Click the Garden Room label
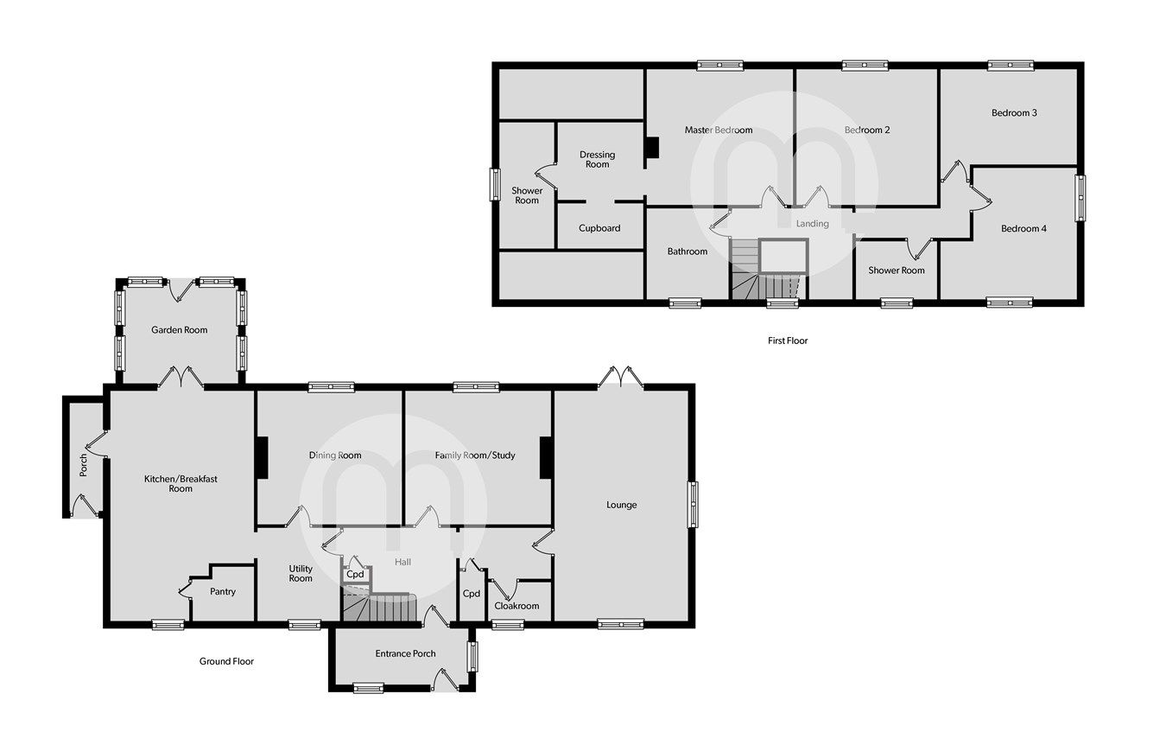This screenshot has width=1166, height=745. coord(180,329)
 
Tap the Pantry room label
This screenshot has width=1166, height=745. coord(223,592)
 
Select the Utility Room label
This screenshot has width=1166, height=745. coord(301,573)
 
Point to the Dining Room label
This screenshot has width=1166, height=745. coord(335,455)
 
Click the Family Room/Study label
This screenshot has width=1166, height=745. coord(475,455)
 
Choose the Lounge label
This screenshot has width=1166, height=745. coord(621,505)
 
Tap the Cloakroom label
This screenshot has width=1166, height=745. coord(516,606)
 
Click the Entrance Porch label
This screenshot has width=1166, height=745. coord(405,653)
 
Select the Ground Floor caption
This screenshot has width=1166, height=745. coord(226,661)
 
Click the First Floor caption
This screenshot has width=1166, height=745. coord(788,341)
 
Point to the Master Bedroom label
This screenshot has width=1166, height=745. coord(719,131)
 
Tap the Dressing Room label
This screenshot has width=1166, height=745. coord(598,159)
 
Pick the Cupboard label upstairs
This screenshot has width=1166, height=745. coord(599,228)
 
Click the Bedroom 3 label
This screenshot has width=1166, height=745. coord(1014,113)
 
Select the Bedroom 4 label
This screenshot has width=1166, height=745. coord(1023,228)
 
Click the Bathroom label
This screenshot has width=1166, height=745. coord(688,252)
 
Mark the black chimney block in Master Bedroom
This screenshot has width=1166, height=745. coord(652,148)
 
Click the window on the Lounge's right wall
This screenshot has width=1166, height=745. coord(694,504)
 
